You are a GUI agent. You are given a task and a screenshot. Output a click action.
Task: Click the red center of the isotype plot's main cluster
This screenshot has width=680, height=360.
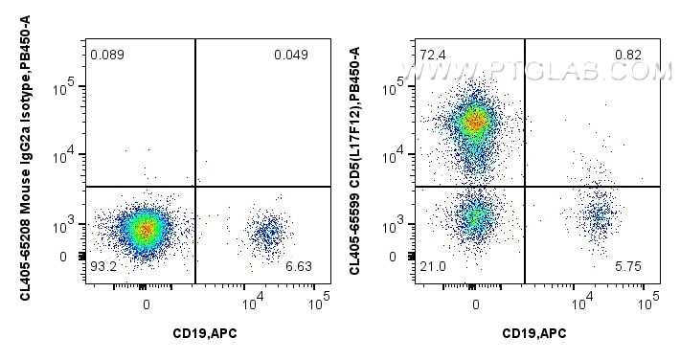[x=145, y=229]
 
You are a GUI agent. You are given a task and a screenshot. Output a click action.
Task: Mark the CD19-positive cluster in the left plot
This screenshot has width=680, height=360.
[x=268, y=230]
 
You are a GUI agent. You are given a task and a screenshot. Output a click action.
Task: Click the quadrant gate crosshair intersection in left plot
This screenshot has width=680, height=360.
[x=195, y=187]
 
